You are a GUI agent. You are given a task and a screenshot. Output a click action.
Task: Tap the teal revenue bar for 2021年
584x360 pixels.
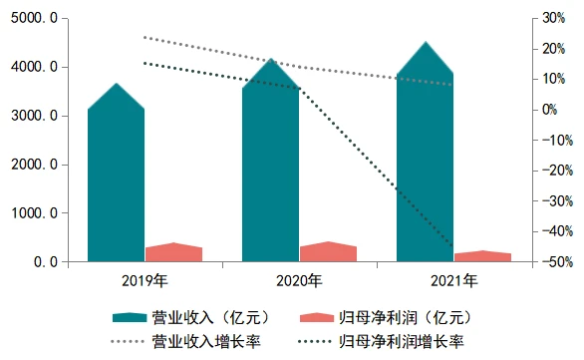point(425,160)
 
